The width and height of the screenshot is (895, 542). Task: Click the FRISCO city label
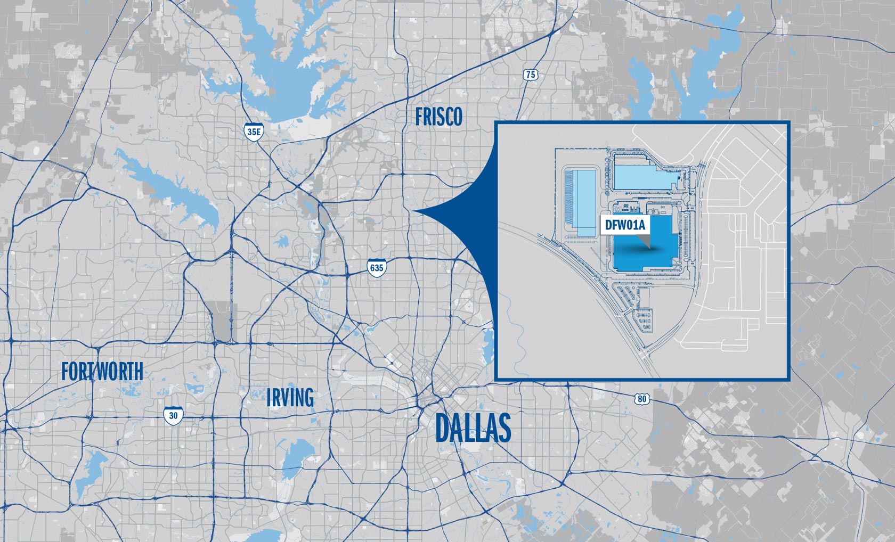tap(438, 117)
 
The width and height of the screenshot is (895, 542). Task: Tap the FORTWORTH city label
tap(102, 372)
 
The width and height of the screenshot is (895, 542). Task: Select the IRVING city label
tap(290, 397)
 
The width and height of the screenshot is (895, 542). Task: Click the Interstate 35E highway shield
tap(254, 132)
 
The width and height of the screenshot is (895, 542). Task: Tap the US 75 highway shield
tap(530, 75)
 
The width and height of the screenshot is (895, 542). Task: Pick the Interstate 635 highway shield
tap(377, 267)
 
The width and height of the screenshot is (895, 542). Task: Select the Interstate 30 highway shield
tap(173, 415)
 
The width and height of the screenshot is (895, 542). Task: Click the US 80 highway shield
tap(642, 399)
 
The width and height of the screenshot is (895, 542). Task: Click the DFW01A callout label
tap(625, 225)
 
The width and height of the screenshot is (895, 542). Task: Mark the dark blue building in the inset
tap(645, 250)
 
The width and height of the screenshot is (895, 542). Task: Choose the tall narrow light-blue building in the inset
tap(580, 202)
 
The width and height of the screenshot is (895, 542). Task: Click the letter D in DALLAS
tap(443, 428)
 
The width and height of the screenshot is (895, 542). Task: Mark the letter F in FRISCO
tap(419, 117)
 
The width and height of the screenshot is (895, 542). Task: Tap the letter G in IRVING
tap(308, 398)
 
